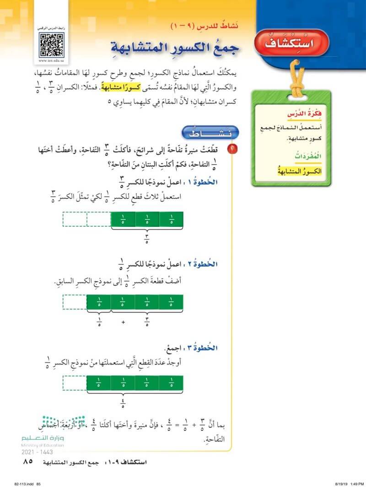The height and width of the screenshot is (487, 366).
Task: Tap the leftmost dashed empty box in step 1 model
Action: (75, 219)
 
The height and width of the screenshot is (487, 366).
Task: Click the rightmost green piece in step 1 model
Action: (171, 219)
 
